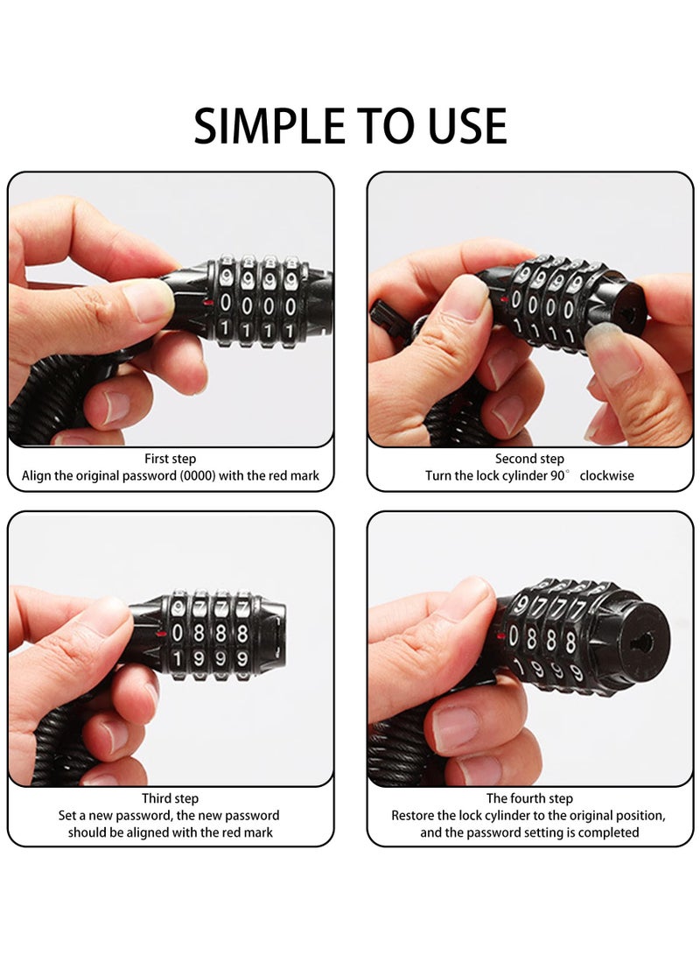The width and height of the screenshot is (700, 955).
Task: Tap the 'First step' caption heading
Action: [171, 459]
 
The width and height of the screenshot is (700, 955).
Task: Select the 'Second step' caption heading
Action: [529, 459]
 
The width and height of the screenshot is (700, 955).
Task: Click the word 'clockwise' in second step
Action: [605, 476]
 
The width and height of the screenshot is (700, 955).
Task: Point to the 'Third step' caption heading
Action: [171, 798]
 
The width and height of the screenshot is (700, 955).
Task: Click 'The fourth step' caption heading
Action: [529, 798]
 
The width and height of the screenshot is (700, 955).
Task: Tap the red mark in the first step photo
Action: [206, 303]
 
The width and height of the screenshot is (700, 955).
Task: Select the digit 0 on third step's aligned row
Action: [178, 632]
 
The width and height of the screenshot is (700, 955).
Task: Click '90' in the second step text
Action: [559, 476]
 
